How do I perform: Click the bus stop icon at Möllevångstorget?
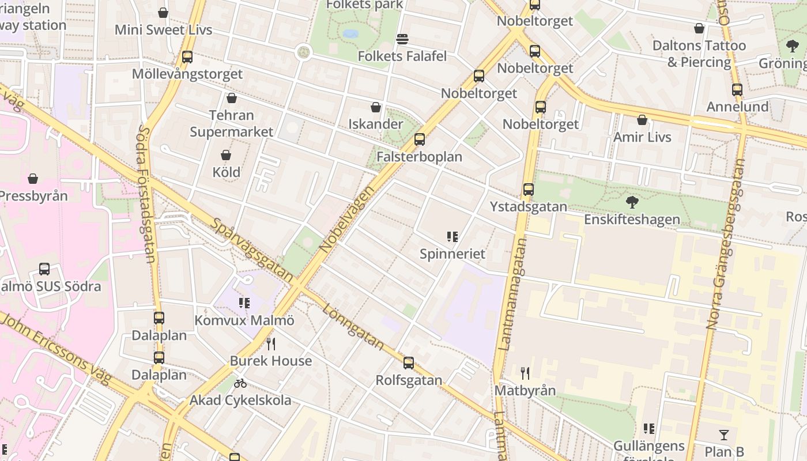pos(187,57)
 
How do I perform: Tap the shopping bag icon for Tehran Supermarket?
pos(232,99)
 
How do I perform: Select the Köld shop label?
pos(226,172)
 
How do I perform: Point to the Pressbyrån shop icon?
pos(33,179)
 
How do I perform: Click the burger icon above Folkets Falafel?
pos(402,39)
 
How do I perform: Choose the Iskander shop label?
pos(376,124)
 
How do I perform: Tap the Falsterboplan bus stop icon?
pos(420,139)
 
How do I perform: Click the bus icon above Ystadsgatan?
pos(528,190)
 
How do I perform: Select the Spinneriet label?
pos(452,254)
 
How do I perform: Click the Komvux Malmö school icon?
pos(244,303)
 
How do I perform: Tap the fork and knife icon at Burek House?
pos(271,344)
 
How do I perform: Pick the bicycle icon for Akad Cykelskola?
pos(240,383)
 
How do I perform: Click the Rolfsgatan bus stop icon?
pos(409,363)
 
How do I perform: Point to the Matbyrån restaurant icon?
pos(525,373)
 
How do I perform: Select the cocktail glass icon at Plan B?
pos(724,435)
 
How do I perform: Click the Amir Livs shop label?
pos(642,137)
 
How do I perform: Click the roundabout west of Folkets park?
pos(303,52)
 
